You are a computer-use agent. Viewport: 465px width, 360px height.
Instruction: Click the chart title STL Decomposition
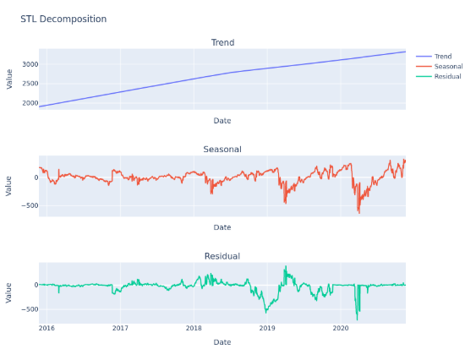click(63, 19)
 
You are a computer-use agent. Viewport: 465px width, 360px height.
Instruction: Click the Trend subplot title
click(222, 42)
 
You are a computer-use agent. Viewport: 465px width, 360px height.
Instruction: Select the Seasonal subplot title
click(222, 150)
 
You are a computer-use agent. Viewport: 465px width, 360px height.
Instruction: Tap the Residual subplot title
click(222, 256)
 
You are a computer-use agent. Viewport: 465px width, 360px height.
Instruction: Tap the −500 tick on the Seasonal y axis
click(27, 205)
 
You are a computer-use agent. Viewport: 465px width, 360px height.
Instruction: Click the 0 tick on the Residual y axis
click(34, 285)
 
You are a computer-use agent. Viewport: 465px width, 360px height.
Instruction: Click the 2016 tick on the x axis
click(47, 328)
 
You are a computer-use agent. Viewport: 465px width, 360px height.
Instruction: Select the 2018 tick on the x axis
click(194, 328)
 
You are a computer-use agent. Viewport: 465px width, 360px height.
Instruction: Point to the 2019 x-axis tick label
click(267, 328)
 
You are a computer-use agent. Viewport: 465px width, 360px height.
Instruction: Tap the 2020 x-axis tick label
click(341, 328)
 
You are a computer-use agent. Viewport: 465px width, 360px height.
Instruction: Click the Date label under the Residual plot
click(222, 342)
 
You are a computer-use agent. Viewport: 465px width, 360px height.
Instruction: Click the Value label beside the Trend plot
click(9, 79)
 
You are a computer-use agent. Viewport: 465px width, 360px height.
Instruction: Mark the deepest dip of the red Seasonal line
click(358, 212)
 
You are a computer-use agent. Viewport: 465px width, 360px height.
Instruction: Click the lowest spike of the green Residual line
click(357, 319)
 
